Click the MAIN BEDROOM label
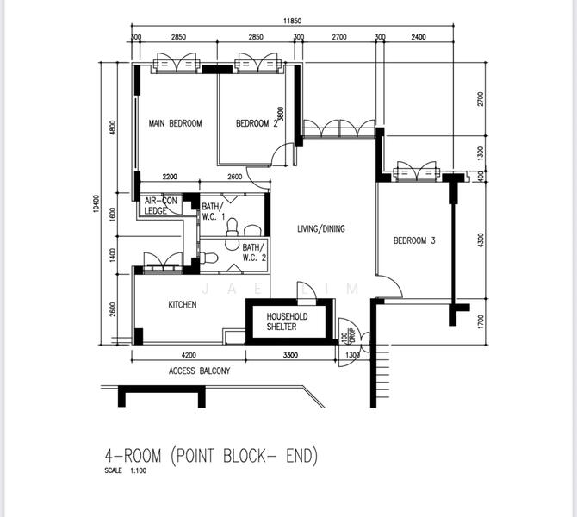[x=175, y=123]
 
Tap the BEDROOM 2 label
[x=257, y=123]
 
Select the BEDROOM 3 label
[x=414, y=240]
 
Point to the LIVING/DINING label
[x=321, y=228]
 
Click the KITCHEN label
[x=183, y=304]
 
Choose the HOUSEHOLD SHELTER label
[x=287, y=321]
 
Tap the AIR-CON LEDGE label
[x=160, y=205]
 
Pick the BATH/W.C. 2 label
[x=254, y=252]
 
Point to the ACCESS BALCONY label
[x=200, y=371]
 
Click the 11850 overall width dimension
[x=292, y=21]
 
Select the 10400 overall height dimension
[x=96, y=203]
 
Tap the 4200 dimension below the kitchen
[x=189, y=355]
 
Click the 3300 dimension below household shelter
[x=290, y=355]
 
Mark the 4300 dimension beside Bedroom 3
[x=481, y=240]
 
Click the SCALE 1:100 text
[x=126, y=470]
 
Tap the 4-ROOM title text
[x=133, y=456]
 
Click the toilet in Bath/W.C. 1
[x=233, y=227]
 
